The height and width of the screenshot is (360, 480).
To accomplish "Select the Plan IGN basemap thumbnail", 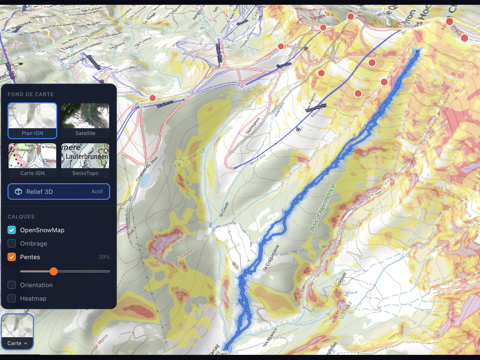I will click(33, 120).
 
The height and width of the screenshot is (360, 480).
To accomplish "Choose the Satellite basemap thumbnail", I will click(85, 120).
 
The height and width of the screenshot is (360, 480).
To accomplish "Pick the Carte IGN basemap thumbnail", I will click(33, 160).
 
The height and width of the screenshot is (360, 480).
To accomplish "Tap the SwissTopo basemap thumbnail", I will click(85, 160).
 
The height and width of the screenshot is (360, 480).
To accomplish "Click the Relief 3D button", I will click(59, 192).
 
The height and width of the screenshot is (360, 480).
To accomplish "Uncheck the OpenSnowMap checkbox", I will click(12, 230).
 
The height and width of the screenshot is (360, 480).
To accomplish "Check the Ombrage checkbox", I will click(12, 243).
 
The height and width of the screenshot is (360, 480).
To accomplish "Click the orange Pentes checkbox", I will click(12, 257).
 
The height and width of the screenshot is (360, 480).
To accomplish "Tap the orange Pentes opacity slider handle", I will click(53, 271).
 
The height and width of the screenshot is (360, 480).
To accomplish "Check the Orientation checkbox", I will click(12, 285).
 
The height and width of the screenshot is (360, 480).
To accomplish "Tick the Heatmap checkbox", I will click(12, 298).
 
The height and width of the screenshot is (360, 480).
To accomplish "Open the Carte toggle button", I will click(17, 343).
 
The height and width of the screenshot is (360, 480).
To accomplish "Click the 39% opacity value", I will click(104, 257).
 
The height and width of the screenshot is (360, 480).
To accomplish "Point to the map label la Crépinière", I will click(271, 257).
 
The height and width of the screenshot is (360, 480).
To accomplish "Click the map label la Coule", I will click(224, 209).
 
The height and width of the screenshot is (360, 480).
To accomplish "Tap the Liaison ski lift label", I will click(165, 104).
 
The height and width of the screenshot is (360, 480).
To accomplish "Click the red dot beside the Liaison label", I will click(153, 98).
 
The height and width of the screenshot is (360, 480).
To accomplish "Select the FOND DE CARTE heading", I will click(31, 94).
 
